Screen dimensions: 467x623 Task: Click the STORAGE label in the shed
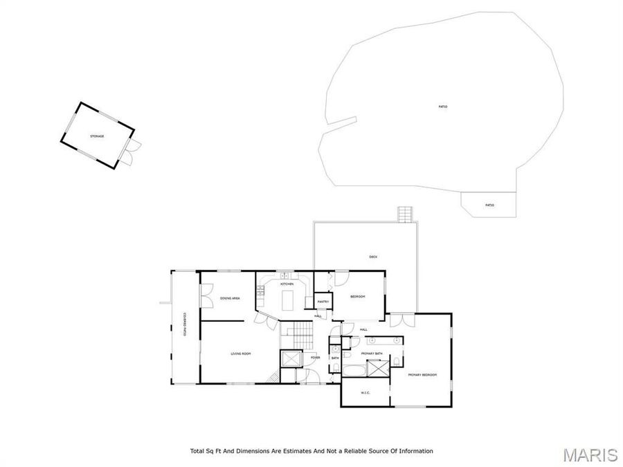point(97,136)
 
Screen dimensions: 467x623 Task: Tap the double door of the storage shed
point(132,152)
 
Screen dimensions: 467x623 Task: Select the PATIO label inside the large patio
point(442,107)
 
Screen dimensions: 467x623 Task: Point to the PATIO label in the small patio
point(489,205)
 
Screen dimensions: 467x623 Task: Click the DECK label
point(373,257)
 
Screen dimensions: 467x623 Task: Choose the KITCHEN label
point(287,284)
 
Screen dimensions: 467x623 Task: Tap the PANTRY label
point(323,302)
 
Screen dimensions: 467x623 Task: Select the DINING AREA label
point(230,298)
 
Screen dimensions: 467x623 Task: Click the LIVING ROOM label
point(240,354)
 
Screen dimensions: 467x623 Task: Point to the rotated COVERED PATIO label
point(186,324)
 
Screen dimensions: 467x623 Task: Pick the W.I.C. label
point(365,393)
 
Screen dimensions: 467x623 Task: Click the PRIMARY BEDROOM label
point(422,374)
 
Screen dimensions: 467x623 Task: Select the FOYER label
point(315,357)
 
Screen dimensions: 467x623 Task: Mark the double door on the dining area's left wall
point(206,298)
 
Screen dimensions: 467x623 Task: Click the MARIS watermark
point(590,455)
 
